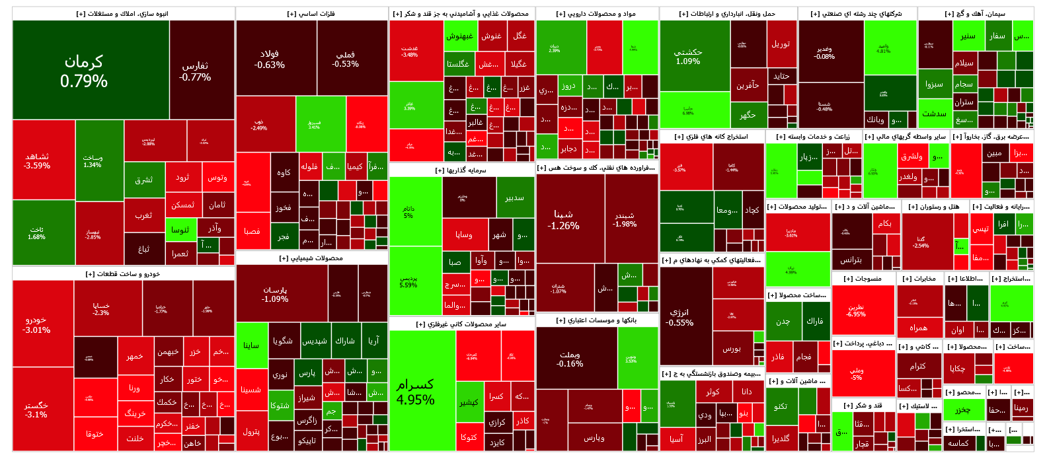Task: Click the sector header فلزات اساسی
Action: [x=311, y=14]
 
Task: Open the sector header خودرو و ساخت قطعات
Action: [x=123, y=273]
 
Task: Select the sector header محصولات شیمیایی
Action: [x=311, y=258]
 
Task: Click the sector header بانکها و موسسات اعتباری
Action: [x=597, y=320]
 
